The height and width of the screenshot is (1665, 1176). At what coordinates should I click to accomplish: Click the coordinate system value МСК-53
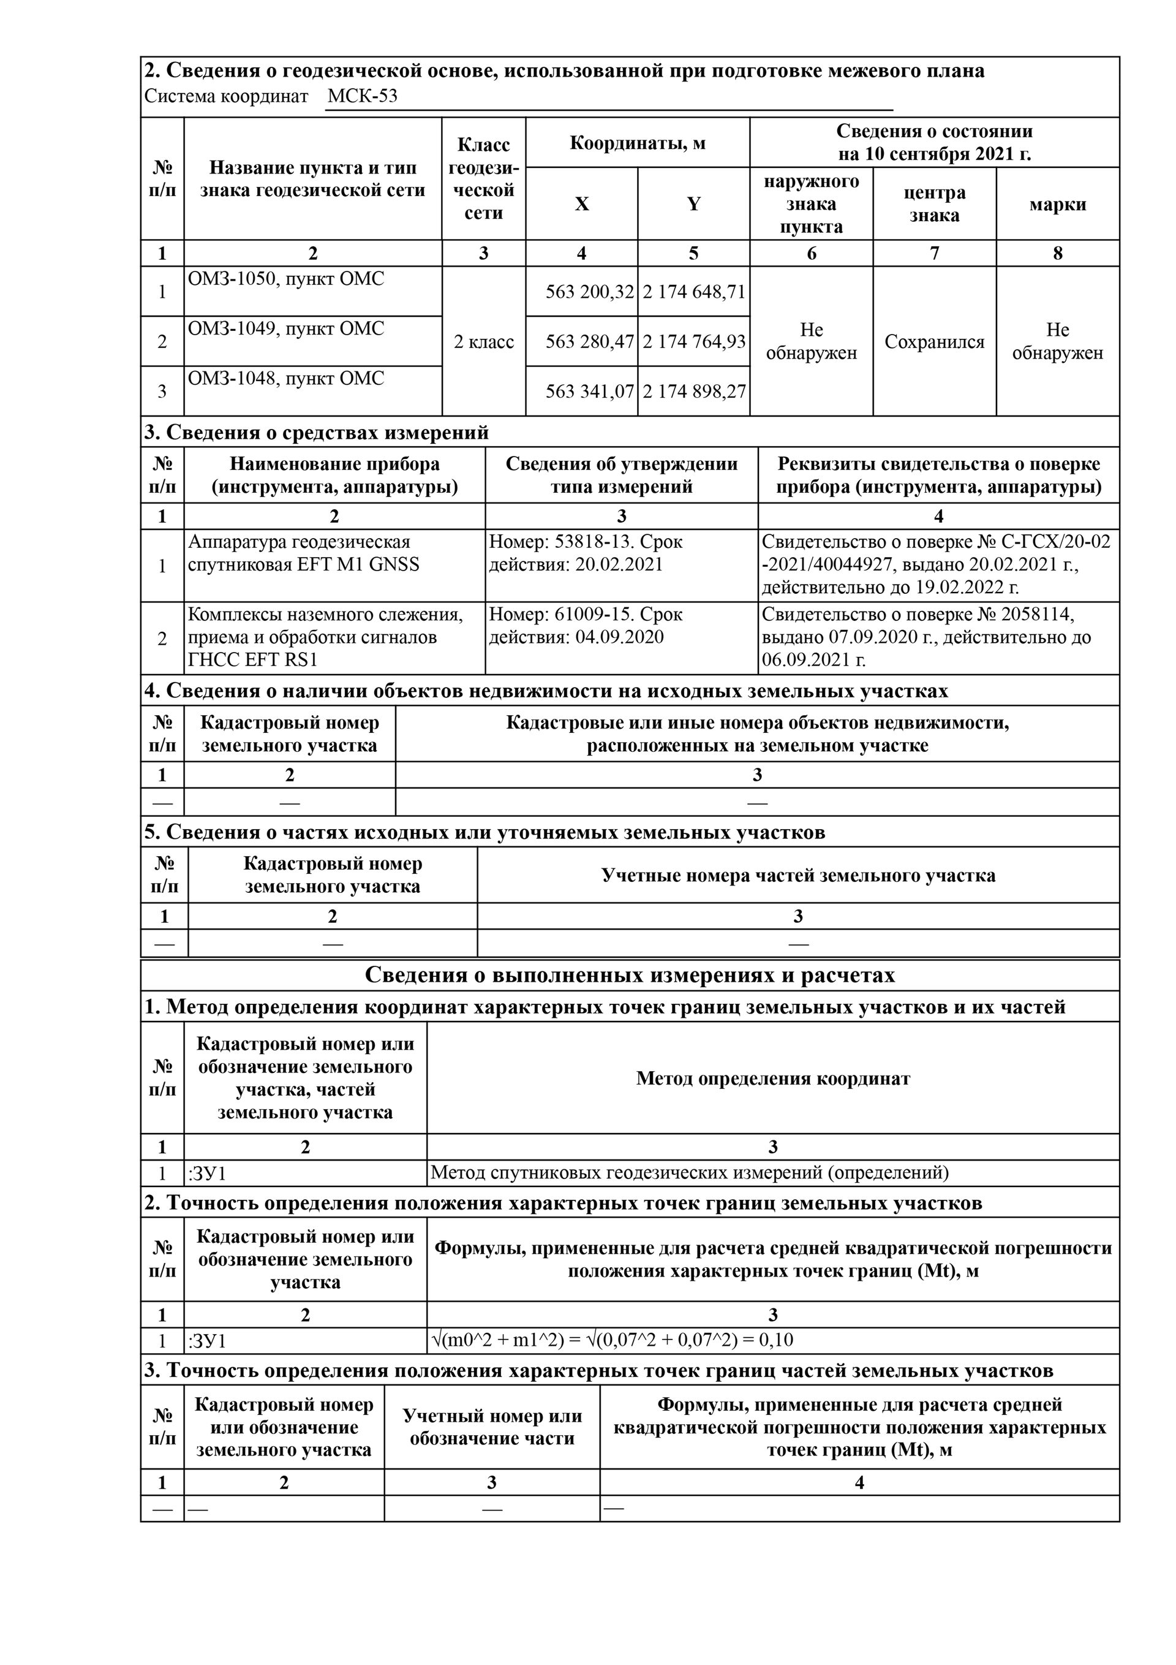363,96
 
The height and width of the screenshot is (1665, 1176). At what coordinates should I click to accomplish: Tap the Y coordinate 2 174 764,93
694,341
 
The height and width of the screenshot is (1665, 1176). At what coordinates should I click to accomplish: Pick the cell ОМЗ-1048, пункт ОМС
287,379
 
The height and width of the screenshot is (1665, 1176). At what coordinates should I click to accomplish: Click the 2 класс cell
484,341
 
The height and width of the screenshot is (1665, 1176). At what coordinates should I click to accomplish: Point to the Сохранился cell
934,341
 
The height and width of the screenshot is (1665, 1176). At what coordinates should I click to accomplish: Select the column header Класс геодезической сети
484,178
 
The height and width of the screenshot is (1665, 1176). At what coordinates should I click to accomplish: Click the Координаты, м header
637,143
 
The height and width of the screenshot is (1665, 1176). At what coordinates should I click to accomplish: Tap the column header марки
1057,204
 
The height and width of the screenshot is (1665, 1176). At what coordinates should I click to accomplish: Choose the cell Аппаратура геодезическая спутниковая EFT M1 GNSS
304,553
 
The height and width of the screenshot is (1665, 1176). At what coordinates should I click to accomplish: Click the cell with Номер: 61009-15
586,626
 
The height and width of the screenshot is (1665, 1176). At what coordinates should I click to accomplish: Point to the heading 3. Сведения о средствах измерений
317,432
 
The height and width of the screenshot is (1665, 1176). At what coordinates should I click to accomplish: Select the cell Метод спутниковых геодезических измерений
690,1172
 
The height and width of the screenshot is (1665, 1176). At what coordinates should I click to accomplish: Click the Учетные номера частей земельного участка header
797,875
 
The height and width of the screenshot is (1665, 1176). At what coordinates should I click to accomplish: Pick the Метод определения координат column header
773,1079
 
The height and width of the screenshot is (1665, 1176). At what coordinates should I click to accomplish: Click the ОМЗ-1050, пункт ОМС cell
287,279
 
